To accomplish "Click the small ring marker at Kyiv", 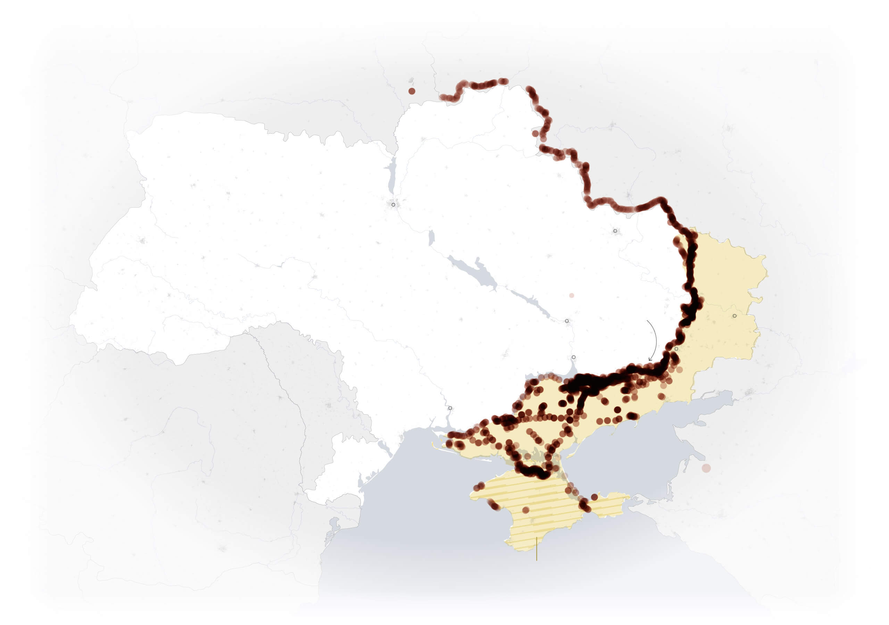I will tap(393, 205).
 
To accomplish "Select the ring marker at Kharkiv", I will tap(615, 231).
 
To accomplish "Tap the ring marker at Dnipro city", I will tap(567, 321).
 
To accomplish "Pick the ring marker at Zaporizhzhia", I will tap(573, 357).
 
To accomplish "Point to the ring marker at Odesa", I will tap(450, 408).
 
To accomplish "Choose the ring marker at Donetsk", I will tap(676, 349).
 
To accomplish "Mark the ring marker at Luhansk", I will tap(734, 316).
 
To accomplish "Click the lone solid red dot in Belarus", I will tap(412, 91).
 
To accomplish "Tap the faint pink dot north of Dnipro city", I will tap(572, 295).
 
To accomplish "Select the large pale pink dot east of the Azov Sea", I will tap(706, 468).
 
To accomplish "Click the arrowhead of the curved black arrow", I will tap(650, 360).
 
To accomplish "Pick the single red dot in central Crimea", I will tap(525, 510).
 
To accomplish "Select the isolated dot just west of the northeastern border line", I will tap(535, 133).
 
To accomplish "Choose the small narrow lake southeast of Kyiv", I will tap(431, 238).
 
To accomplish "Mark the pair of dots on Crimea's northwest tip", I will tap(479, 486).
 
